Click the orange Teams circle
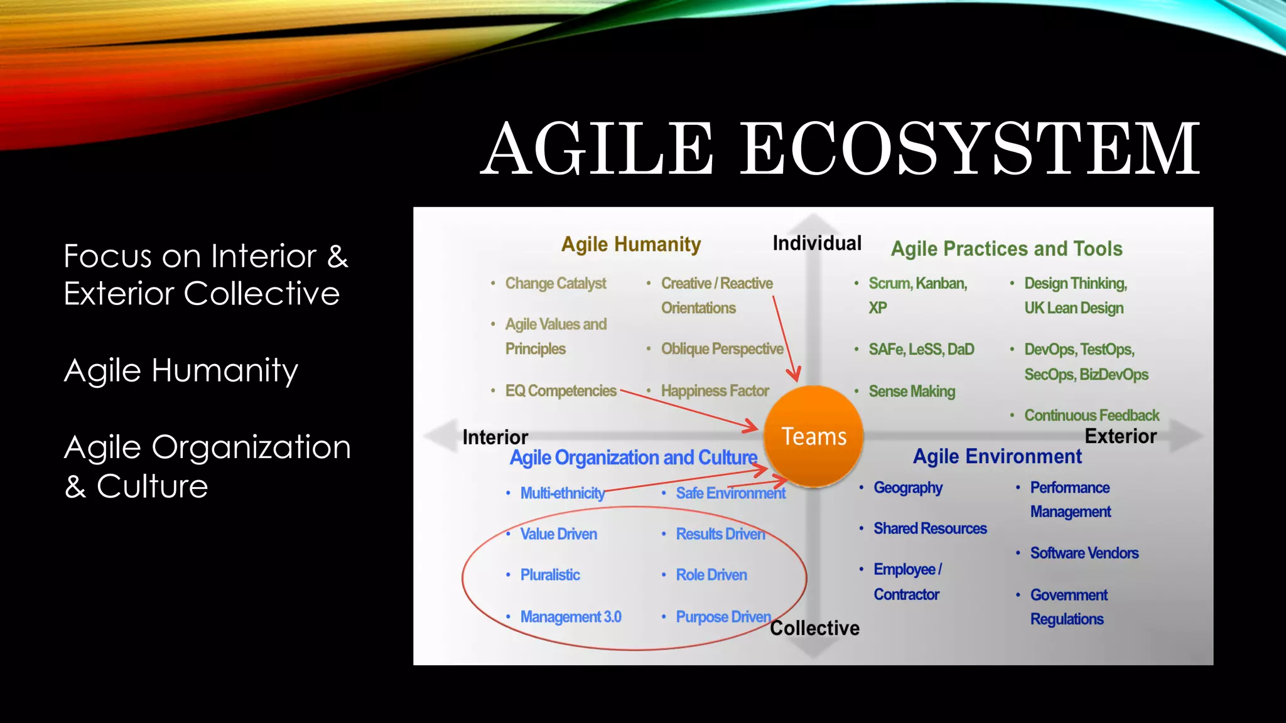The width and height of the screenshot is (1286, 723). click(x=813, y=436)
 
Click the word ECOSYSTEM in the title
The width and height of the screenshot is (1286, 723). click(x=970, y=149)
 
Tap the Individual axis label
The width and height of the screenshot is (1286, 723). click(x=816, y=243)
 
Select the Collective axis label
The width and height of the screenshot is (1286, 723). click(x=814, y=628)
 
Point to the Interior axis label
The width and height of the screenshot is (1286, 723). click(x=495, y=437)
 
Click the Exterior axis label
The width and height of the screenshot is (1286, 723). click(x=1120, y=436)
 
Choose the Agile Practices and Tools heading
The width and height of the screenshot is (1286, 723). click(x=1007, y=249)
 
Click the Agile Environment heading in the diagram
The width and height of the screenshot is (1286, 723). click(x=997, y=456)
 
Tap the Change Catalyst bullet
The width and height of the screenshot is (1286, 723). click(x=556, y=283)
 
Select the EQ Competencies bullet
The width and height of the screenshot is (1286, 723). click(x=561, y=390)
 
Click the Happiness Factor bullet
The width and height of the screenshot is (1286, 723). click(x=715, y=390)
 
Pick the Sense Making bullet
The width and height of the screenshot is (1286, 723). click(x=912, y=391)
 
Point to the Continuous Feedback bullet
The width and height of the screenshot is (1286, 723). click(x=1091, y=415)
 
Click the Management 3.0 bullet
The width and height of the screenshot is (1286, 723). click(x=571, y=616)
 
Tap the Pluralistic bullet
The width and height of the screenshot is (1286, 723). click(x=550, y=574)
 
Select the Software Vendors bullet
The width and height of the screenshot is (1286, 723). click(x=1084, y=553)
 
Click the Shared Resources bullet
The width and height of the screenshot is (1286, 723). click(x=930, y=528)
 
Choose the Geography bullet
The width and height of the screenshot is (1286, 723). click(x=908, y=488)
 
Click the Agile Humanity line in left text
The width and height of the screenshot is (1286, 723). click(x=181, y=370)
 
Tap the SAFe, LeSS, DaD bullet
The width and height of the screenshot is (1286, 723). click(x=921, y=349)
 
